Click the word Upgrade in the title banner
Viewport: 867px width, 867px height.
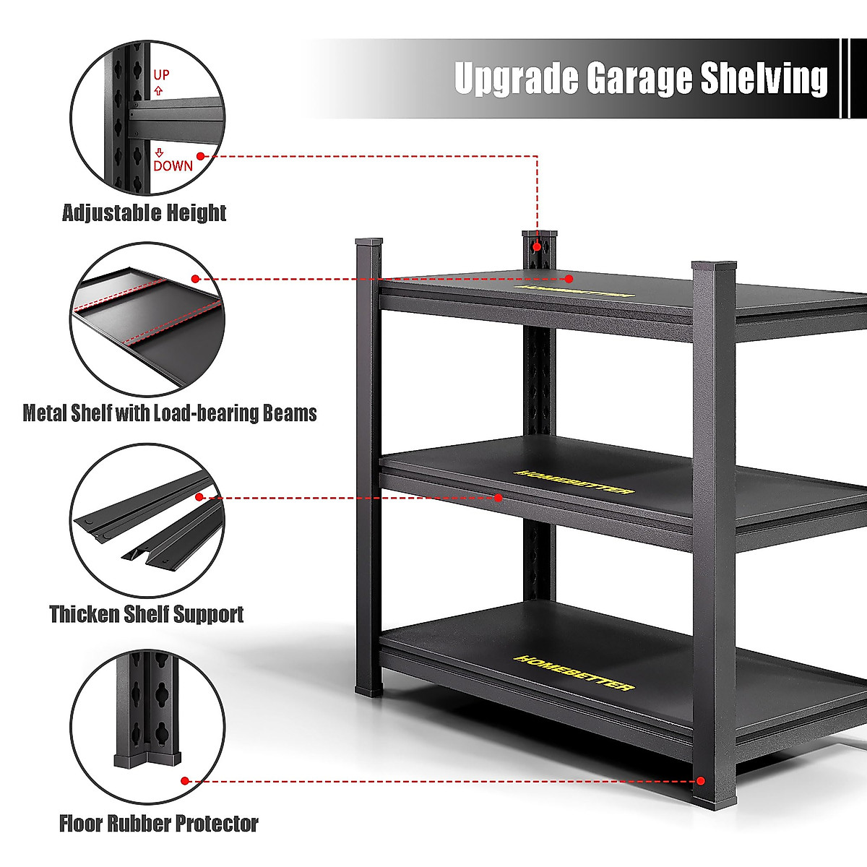point(517,78)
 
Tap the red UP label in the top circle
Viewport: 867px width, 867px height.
point(161,74)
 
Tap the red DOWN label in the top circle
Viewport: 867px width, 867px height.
point(173,165)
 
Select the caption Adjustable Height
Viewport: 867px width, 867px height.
point(144,213)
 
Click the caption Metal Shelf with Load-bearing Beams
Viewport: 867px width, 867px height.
point(170,413)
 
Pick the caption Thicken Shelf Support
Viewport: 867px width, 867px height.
point(147,614)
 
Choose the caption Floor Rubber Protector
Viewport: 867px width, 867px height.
point(159,824)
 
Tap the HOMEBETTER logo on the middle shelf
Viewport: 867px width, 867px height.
point(574,482)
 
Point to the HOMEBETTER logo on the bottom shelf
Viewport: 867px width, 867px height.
point(574,673)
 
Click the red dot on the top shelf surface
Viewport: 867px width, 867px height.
point(569,278)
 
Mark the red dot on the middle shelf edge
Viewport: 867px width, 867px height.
point(498,498)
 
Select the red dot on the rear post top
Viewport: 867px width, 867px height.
point(538,246)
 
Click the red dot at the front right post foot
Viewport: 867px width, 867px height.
point(700,781)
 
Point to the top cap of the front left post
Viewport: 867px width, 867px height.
point(368,242)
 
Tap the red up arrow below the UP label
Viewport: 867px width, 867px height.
point(159,92)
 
